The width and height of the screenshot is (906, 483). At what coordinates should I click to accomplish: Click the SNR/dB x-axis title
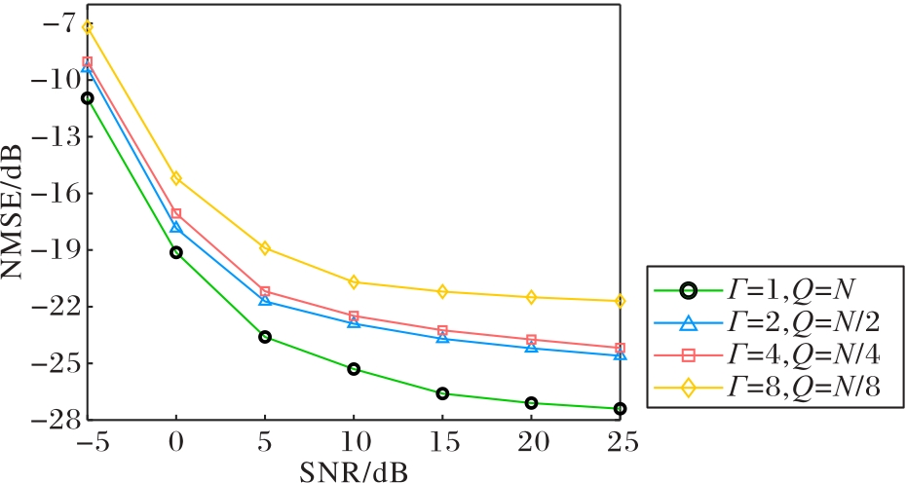pyautogui.click(x=354, y=471)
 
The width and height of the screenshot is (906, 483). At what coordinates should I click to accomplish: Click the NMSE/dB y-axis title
pyautogui.click(x=12, y=211)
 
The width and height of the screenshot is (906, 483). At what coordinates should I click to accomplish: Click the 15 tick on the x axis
pyautogui.click(x=443, y=443)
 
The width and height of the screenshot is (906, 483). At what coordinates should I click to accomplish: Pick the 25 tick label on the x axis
pyautogui.click(x=621, y=443)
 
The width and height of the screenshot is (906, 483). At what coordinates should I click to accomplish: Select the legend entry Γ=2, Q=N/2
pyautogui.click(x=768, y=323)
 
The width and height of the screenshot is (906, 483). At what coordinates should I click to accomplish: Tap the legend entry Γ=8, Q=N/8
pyautogui.click(x=768, y=389)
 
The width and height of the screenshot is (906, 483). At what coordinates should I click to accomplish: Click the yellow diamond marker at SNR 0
pyautogui.click(x=176, y=178)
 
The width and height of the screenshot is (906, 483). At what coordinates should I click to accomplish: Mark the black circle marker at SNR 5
pyautogui.click(x=265, y=337)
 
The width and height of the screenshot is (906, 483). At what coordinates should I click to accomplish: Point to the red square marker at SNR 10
pyautogui.click(x=354, y=316)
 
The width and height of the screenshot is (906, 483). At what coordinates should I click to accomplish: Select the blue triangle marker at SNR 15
pyautogui.click(x=442, y=337)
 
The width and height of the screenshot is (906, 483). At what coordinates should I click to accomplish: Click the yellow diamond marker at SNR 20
pyautogui.click(x=532, y=298)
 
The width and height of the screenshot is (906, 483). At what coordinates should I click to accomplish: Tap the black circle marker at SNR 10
pyautogui.click(x=354, y=369)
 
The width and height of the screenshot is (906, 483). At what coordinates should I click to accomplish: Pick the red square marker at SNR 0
pyautogui.click(x=176, y=214)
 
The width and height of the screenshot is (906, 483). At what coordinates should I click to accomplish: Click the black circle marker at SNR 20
pyautogui.click(x=532, y=403)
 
